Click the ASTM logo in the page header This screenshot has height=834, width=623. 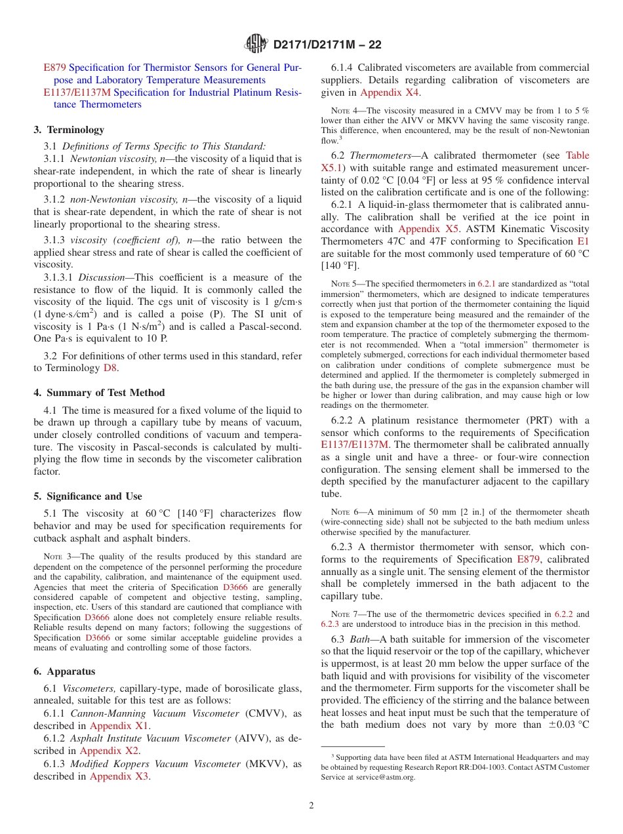[256, 44]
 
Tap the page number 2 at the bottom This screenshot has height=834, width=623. [311, 805]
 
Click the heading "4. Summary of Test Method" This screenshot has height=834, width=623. [99, 393]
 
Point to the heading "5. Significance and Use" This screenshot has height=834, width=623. [88, 496]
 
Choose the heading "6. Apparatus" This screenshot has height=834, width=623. [64, 671]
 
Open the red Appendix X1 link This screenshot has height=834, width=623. [120, 726]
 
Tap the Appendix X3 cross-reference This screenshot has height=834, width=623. [120, 776]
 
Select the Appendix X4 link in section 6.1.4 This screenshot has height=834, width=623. [390, 92]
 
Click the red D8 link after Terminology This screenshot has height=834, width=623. [110, 368]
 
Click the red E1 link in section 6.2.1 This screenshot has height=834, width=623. [583, 241]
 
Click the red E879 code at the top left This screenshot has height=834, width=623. [54, 68]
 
